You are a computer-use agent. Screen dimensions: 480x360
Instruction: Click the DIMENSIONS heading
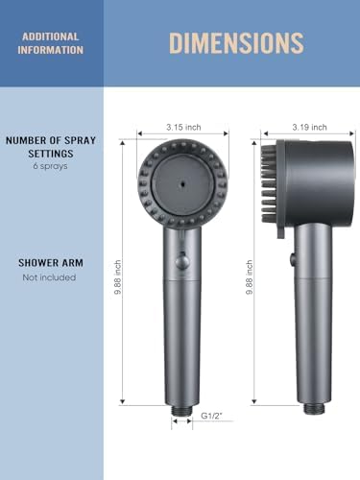coord(236,42)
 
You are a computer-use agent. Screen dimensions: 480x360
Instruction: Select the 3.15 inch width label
coord(181,126)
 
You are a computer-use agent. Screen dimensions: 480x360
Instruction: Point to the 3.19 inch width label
coord(309,126)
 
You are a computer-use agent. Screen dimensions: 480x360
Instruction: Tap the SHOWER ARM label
coord(47,262)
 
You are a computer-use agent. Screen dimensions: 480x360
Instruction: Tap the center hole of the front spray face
coord(181,180)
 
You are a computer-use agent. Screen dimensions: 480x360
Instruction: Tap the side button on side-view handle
coord(290,257)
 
